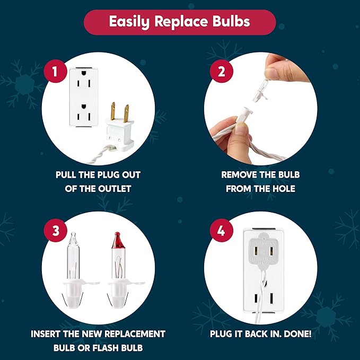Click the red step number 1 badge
(x=55, y=71)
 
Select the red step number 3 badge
(x=56, y=230)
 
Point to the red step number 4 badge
(x=221, y=230)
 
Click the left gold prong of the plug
(x=113, y=111)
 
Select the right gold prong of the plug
(x=126, y=113)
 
